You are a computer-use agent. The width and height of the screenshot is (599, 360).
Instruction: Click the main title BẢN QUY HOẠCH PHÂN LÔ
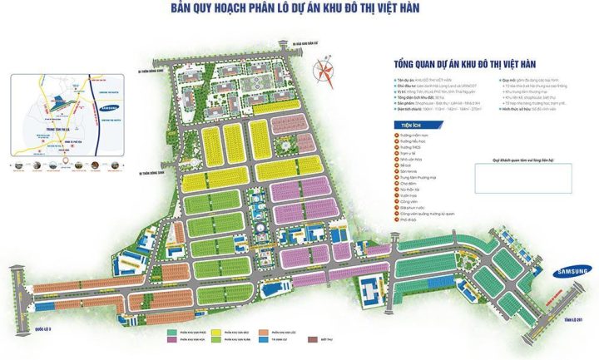[x=295, y=9]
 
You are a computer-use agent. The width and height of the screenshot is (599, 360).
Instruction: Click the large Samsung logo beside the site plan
[x=572, y=271]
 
